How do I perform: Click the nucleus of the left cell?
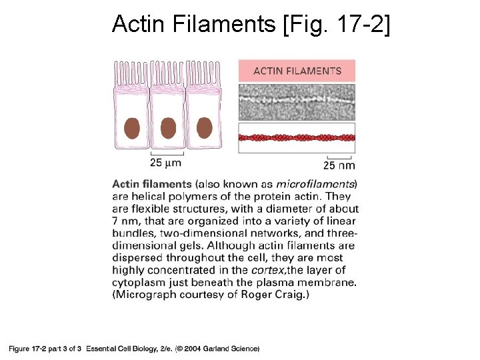pos(132,127)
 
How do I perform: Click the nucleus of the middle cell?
pos(168,127)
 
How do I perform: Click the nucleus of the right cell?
pos(204,127)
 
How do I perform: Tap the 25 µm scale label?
pos(165,162)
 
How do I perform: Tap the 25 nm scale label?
pos(339,165)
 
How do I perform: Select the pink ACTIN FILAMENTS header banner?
pos(297,71)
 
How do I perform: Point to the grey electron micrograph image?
pos(297,102)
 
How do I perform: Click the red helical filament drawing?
pos(297,138)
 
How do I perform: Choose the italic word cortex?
pos(269,270)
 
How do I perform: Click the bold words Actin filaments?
pos(152,184)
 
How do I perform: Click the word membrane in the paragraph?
pos(330,282)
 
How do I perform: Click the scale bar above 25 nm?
pos(339,157)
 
